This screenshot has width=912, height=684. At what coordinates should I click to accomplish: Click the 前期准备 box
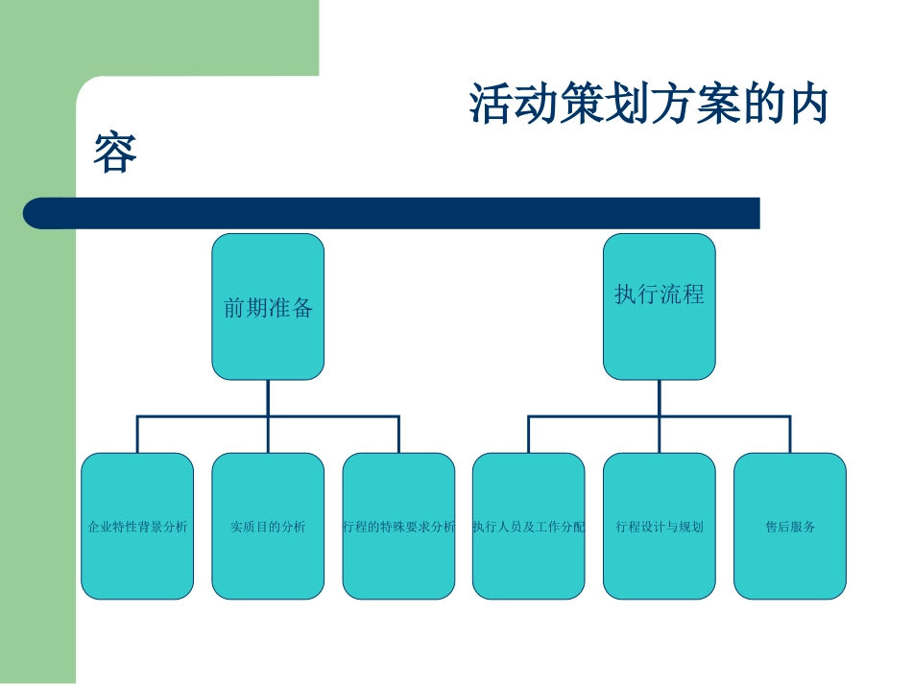(268, 307)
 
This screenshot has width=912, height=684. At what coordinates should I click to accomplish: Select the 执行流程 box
(660, 307)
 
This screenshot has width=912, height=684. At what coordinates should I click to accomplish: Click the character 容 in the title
(115, 153)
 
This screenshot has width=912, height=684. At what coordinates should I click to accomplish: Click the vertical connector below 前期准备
(268, 397)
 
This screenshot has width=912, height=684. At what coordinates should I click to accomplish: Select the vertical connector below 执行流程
(660, 397)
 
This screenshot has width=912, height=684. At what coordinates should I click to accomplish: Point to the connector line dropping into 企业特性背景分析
(137, 435)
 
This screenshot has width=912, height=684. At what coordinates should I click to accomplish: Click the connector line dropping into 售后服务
(790, 435)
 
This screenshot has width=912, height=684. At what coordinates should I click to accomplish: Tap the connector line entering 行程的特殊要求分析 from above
(398, 435)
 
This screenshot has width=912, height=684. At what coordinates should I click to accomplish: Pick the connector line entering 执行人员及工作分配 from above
(529, 435)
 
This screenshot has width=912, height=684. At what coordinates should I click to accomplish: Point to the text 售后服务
(790, 527)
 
